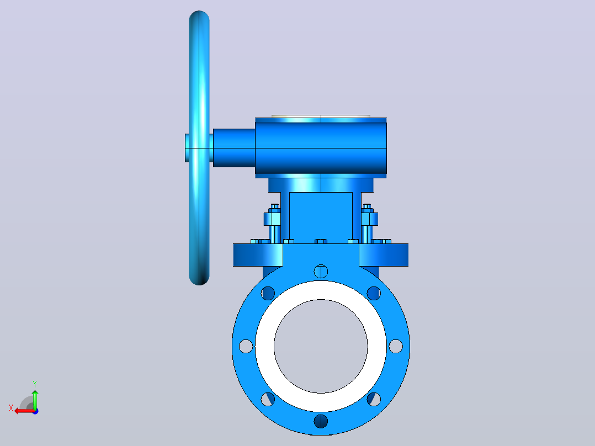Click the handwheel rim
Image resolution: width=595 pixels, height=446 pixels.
click(x=199, y=148)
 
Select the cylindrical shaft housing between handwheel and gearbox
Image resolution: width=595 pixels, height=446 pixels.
click(x=234, y=148)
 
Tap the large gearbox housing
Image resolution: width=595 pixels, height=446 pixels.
click(x=321, y=148)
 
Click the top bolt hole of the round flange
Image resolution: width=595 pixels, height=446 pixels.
click(x=321, y=272)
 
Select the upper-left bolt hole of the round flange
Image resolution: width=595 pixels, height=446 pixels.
click(x=268, y=293)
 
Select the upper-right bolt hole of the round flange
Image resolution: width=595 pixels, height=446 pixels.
click(x=374, y=293)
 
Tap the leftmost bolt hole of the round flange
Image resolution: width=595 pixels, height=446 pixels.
click(x=246, y=346)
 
